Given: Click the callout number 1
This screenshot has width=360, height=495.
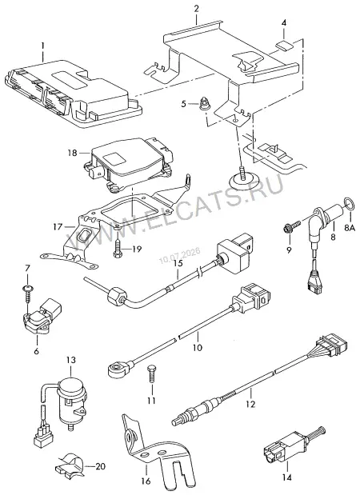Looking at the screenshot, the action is (42, 46).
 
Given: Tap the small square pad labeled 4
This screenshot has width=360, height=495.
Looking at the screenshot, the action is (284, 46).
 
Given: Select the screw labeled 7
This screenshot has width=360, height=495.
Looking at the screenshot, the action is (27, 293).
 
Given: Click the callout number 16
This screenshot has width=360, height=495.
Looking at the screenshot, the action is (146, 481).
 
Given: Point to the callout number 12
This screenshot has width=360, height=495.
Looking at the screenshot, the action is (250, 404).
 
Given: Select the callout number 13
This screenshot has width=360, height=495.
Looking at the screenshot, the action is (71, 360).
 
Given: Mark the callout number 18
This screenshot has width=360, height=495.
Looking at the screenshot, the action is (72, 153).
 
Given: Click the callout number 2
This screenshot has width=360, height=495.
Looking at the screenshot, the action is (196, 9).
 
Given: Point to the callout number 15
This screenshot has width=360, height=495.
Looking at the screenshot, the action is (178, 264).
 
